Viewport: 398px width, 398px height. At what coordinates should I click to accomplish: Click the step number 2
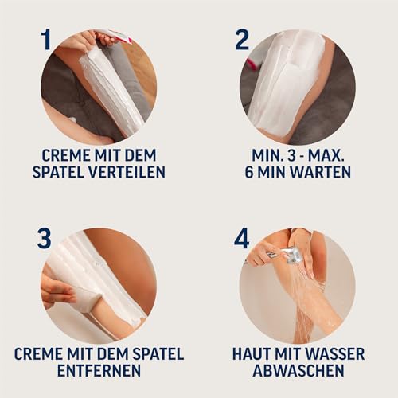pos(242,39)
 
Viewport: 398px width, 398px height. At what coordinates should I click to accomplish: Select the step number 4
pos(242,238)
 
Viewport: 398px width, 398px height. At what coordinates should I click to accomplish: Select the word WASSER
pos(334,353)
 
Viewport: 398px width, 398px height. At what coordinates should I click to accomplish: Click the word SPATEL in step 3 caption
pos(155,353)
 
